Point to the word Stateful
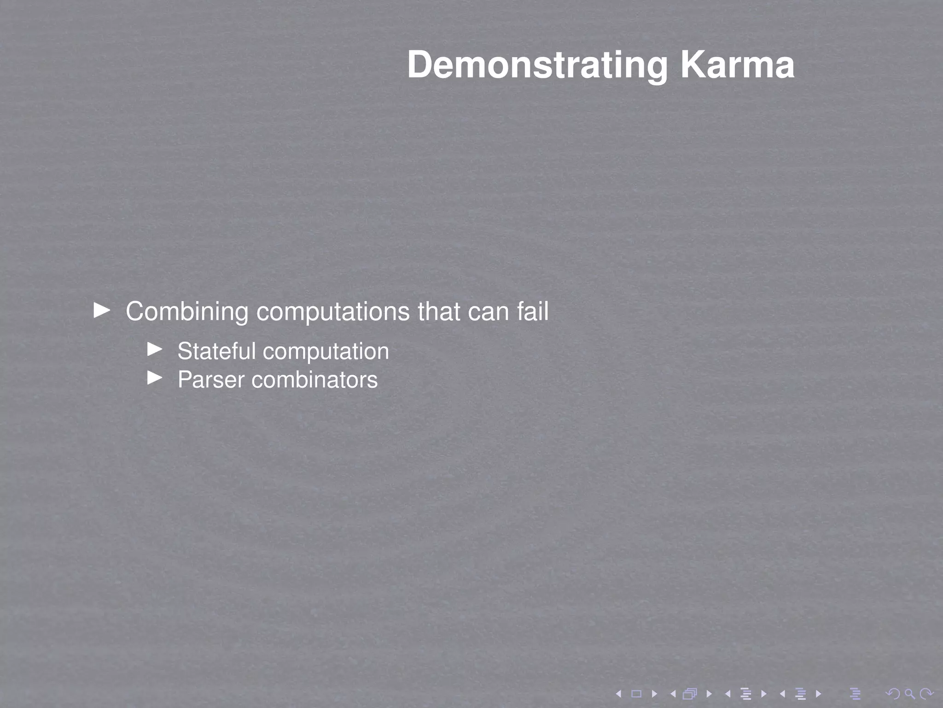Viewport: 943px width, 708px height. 216,351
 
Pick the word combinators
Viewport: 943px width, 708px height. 314,380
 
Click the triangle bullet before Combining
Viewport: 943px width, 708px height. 102,310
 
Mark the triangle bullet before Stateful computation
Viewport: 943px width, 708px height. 155,349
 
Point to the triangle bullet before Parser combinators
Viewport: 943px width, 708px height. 155,378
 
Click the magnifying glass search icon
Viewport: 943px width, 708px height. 909,693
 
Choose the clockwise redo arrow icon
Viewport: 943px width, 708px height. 926,693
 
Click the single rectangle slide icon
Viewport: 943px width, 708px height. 636,693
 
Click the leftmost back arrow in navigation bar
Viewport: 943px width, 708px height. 619,693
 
